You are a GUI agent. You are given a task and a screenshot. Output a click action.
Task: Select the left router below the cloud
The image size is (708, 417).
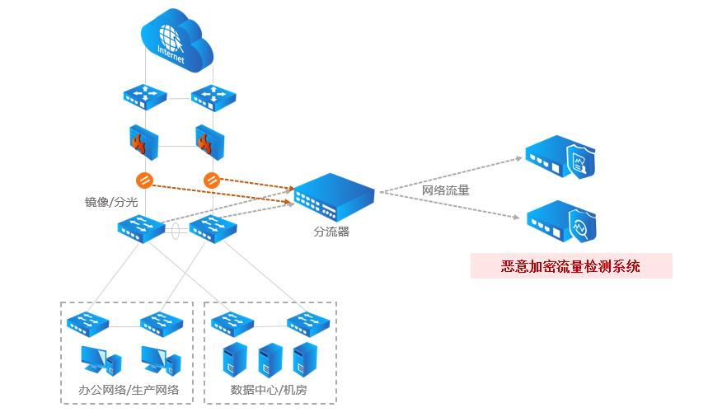click(146, 96)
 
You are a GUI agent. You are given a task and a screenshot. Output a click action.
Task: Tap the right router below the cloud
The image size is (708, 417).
click(213, 96)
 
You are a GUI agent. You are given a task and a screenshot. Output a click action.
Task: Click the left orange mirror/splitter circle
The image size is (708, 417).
click(142, 180)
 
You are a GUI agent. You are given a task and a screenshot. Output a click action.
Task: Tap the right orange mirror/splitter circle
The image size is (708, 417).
click(210, 179)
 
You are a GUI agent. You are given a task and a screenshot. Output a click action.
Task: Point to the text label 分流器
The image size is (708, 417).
click(331, 232)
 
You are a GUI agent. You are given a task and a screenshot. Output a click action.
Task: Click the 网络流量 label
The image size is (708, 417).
click(446, 190)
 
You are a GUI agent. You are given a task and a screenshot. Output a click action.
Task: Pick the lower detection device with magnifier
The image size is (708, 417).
click(562, 221)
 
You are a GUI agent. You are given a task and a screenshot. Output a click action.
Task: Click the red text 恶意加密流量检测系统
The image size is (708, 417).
click(570, 266)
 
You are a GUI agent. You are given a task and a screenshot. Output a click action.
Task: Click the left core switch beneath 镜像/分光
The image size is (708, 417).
click(143, 227)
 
